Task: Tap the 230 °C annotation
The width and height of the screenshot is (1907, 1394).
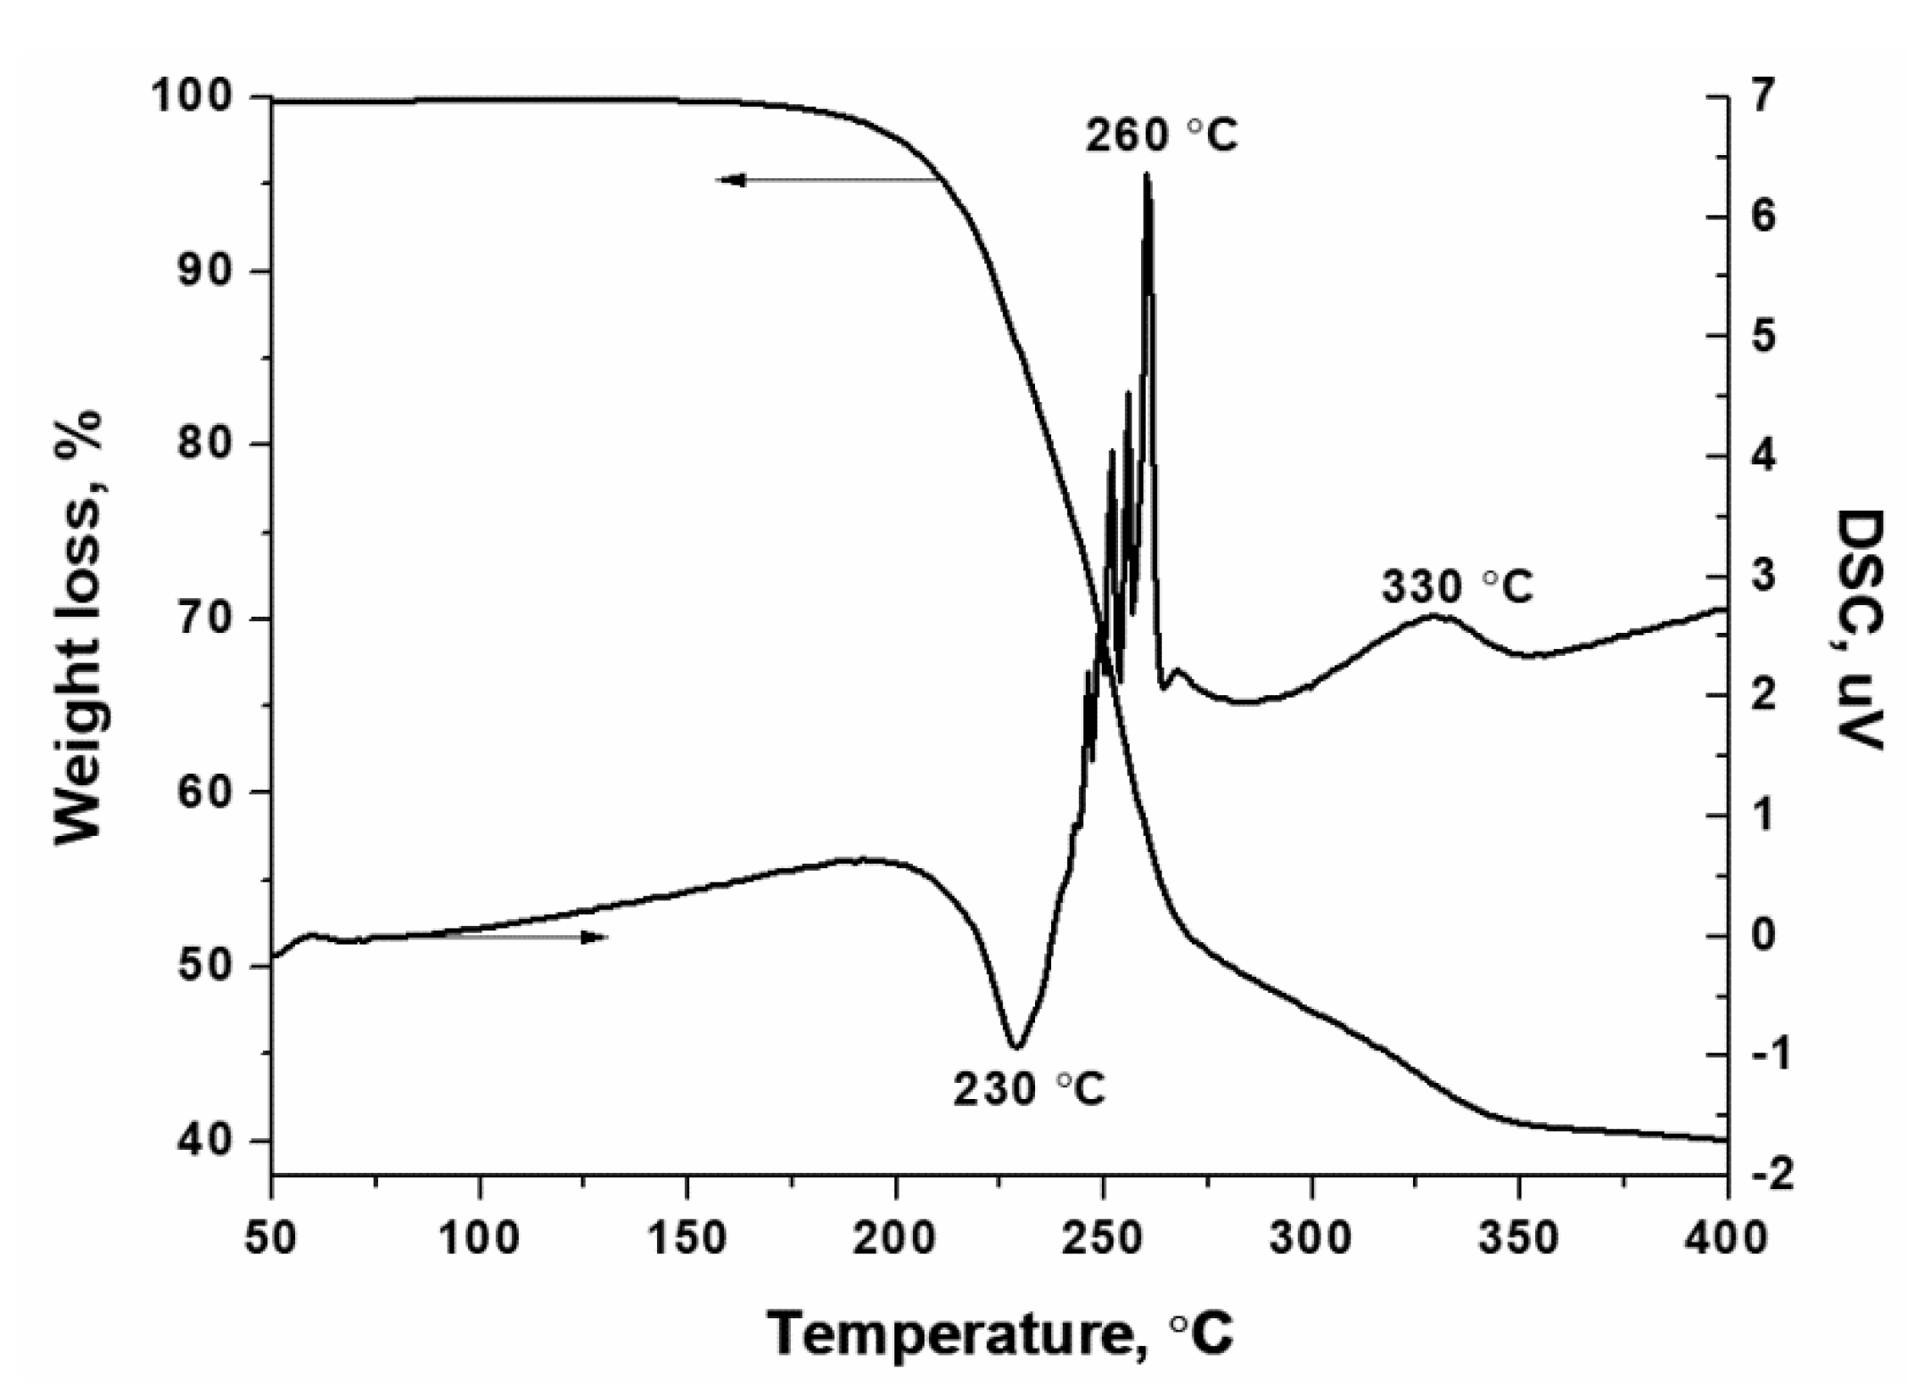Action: tap(1029, 1089)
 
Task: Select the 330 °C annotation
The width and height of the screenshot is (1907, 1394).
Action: tap(1457, 587)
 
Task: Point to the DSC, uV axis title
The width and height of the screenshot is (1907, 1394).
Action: tap(1859, 629)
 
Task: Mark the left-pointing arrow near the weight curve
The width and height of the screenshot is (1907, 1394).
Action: tap(731, 181)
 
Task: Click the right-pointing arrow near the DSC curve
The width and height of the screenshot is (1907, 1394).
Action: tap(593, 937)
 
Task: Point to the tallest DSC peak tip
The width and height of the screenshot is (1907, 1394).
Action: tap(1147, 174)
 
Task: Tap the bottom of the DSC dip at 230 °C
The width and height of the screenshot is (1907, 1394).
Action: tap(1015, 1047)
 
